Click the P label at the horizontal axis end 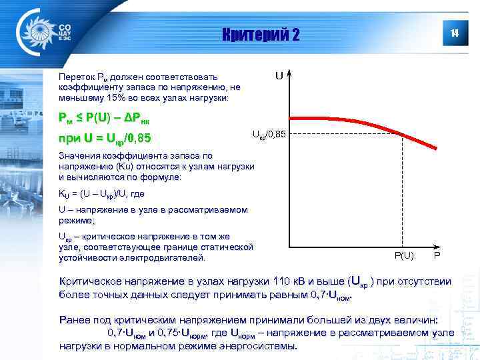tap(437, 256)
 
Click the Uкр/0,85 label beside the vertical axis tap(269, 135)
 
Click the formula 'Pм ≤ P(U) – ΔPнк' tap(105, 119)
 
